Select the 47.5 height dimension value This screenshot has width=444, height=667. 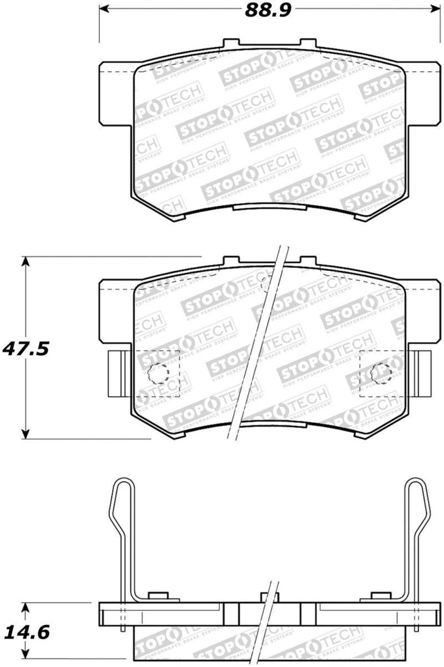pyautogui.click(x=26, y=348)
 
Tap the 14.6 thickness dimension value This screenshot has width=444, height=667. pyautogui.click(x=26, y=632)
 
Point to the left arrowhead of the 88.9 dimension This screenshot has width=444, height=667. pyautogui.click(x=102, y=11)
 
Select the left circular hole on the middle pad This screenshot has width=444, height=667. pyautogui.click(x=158, y=373)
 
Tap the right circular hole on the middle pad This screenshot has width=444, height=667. pyautogui.click(x=380, y=373)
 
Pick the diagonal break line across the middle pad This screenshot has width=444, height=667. pyautogui.click(x=258, y=345)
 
